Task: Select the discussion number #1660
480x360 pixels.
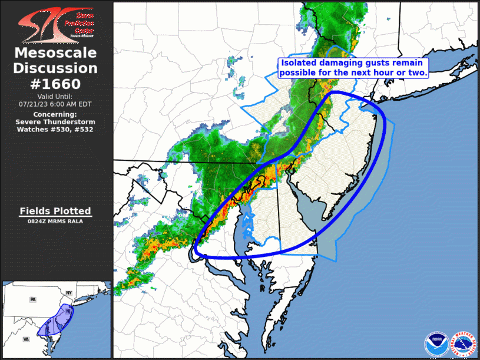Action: (x=55, y=83)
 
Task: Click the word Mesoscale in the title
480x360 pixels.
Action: (x=55, y=54)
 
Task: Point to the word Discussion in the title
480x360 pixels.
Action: (x=55, y=68)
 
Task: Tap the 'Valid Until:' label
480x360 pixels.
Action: (x=55, y=96)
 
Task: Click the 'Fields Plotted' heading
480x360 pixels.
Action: (x=55, y=211)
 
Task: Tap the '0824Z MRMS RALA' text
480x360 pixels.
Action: (x=55, y=221)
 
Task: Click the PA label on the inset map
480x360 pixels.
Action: (x=33, y=299)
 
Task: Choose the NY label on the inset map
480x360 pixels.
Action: (x=68, y=293)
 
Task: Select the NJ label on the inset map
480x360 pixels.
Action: (x=68, y=311)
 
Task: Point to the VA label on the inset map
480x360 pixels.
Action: (x=27, y=339)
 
